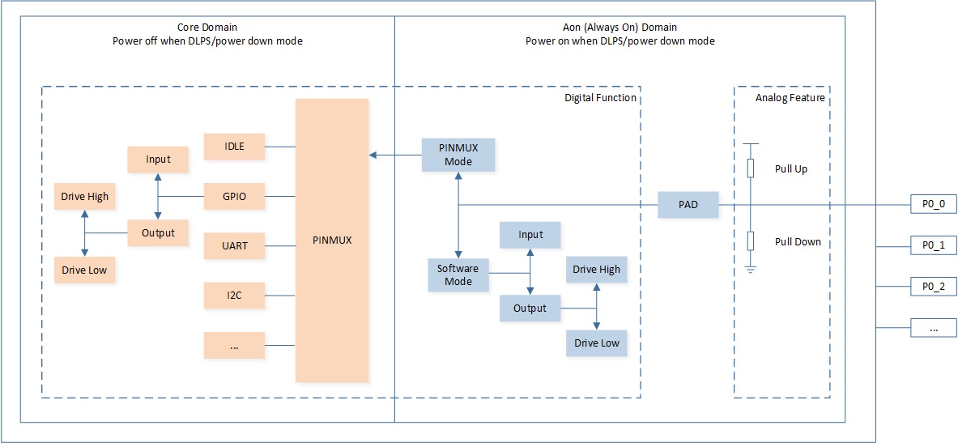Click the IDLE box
coord(235,147)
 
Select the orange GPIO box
coord(235,197)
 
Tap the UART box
coord(235,246)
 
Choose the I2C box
coord(235,296)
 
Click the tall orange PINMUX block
coord(332,241)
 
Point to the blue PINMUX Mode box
coord(459,155)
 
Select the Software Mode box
coord(459,275)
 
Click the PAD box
coord(688,205)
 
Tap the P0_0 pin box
coord(934,205)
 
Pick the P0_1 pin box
coord(934,246)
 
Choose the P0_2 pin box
coord(934,287)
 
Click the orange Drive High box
coord(84,196)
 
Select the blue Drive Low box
coord(596,343)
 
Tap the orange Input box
coord(158,160)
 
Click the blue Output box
coord(530,309)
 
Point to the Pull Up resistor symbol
coord(750,168)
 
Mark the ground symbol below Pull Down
coord(750,268)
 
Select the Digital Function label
coord(600,98)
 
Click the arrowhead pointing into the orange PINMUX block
coord(373,155)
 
